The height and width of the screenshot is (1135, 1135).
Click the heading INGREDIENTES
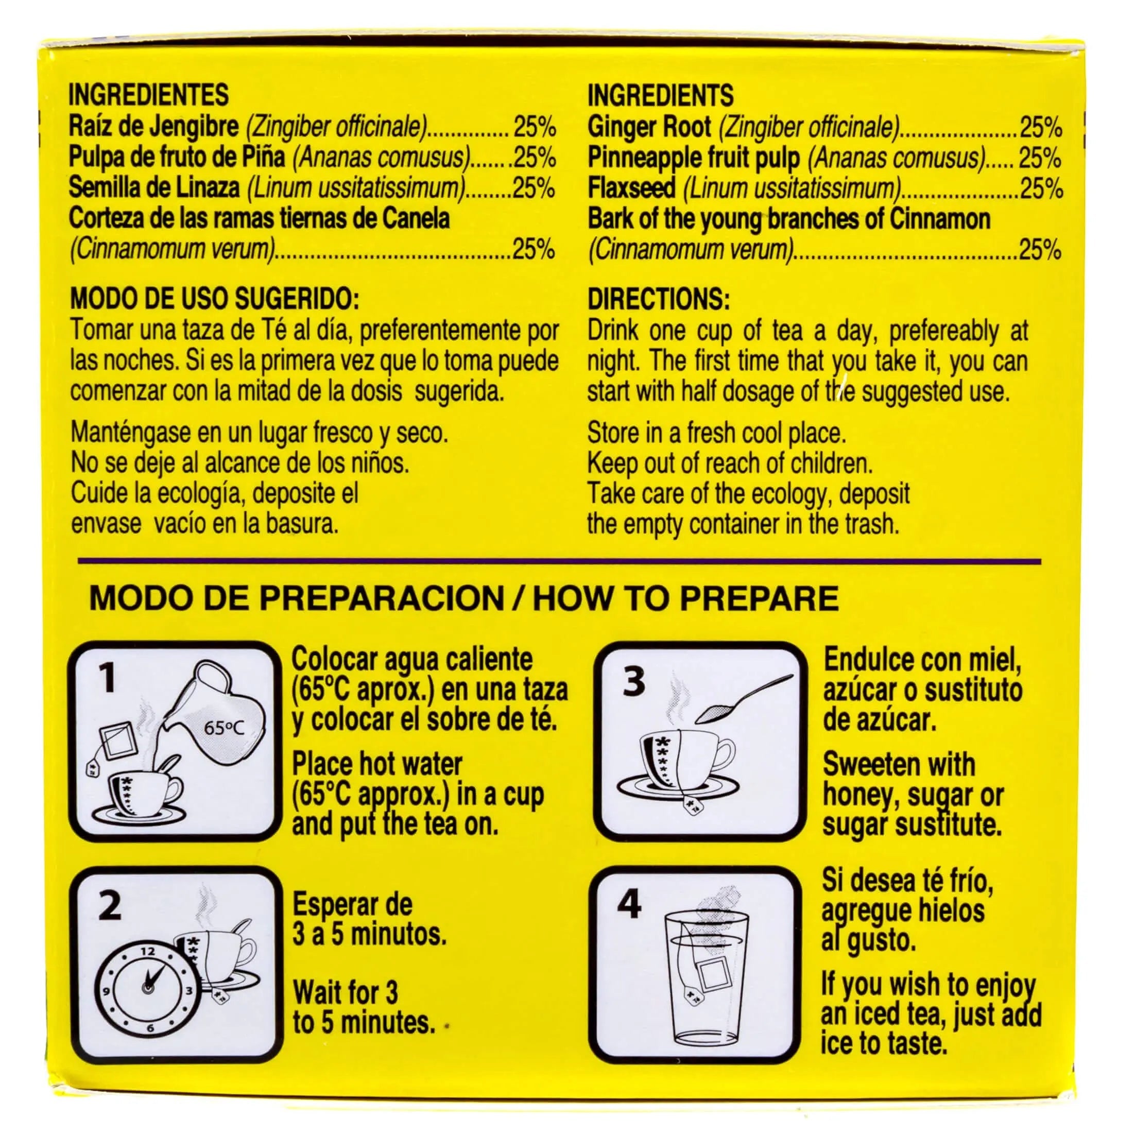pos(149,95)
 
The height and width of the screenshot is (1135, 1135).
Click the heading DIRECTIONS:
pos(659,300)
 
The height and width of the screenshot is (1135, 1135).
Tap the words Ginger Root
pos(649,127)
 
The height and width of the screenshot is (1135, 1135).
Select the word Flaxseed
pos(631,188)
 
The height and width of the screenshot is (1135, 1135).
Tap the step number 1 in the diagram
pos(108,679)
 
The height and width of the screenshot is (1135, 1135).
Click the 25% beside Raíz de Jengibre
pos(535,126)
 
